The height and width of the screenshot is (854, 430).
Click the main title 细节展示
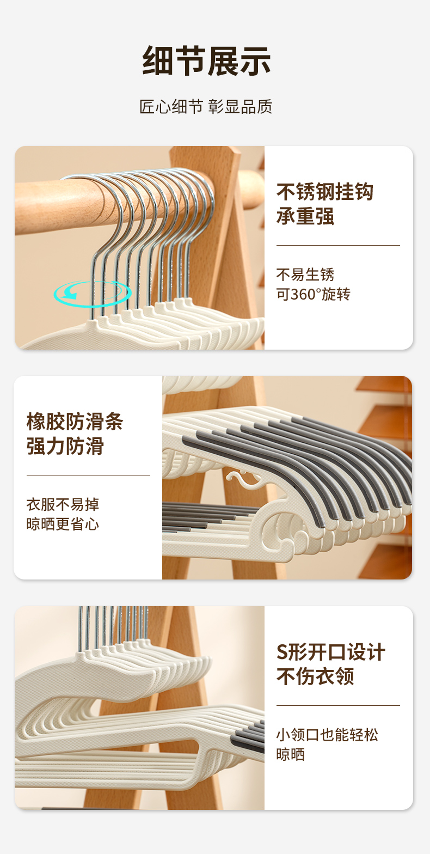206,61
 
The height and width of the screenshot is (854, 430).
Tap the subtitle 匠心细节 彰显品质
206,107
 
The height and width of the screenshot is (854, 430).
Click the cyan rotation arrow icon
93,294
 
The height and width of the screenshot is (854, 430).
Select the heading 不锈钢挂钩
325,191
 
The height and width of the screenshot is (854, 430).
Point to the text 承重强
305,216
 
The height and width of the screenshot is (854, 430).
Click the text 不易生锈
305,274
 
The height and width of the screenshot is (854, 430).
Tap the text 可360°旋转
314,294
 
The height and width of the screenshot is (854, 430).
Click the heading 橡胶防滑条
75,422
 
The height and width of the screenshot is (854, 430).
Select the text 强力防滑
65,446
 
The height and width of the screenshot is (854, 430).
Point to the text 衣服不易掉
63,504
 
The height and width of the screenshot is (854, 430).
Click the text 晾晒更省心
63,524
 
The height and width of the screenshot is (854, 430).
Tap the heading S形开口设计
330,651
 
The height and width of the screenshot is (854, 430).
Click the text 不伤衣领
315,676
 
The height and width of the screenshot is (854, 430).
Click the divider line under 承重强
338,245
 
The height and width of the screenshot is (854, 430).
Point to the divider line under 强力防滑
88,475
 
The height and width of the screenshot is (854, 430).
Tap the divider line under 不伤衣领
338,705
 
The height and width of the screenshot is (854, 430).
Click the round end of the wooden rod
253,190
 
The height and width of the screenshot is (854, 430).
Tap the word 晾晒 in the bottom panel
291,754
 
